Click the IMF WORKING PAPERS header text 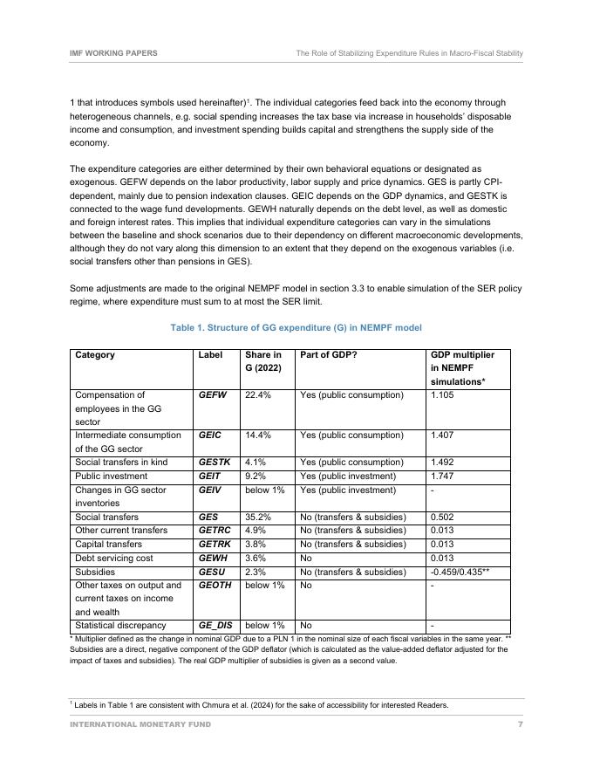(113, 53)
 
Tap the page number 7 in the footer (520, 724)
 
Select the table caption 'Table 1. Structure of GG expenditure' (296, 327)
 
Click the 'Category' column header (95, 355)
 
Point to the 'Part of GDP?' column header (328, 355)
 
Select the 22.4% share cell (258, 395)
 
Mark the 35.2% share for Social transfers (258, 518)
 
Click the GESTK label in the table (215, 463)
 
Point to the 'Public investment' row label (112, 477)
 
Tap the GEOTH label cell (215, 586)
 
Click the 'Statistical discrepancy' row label (120, 626)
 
